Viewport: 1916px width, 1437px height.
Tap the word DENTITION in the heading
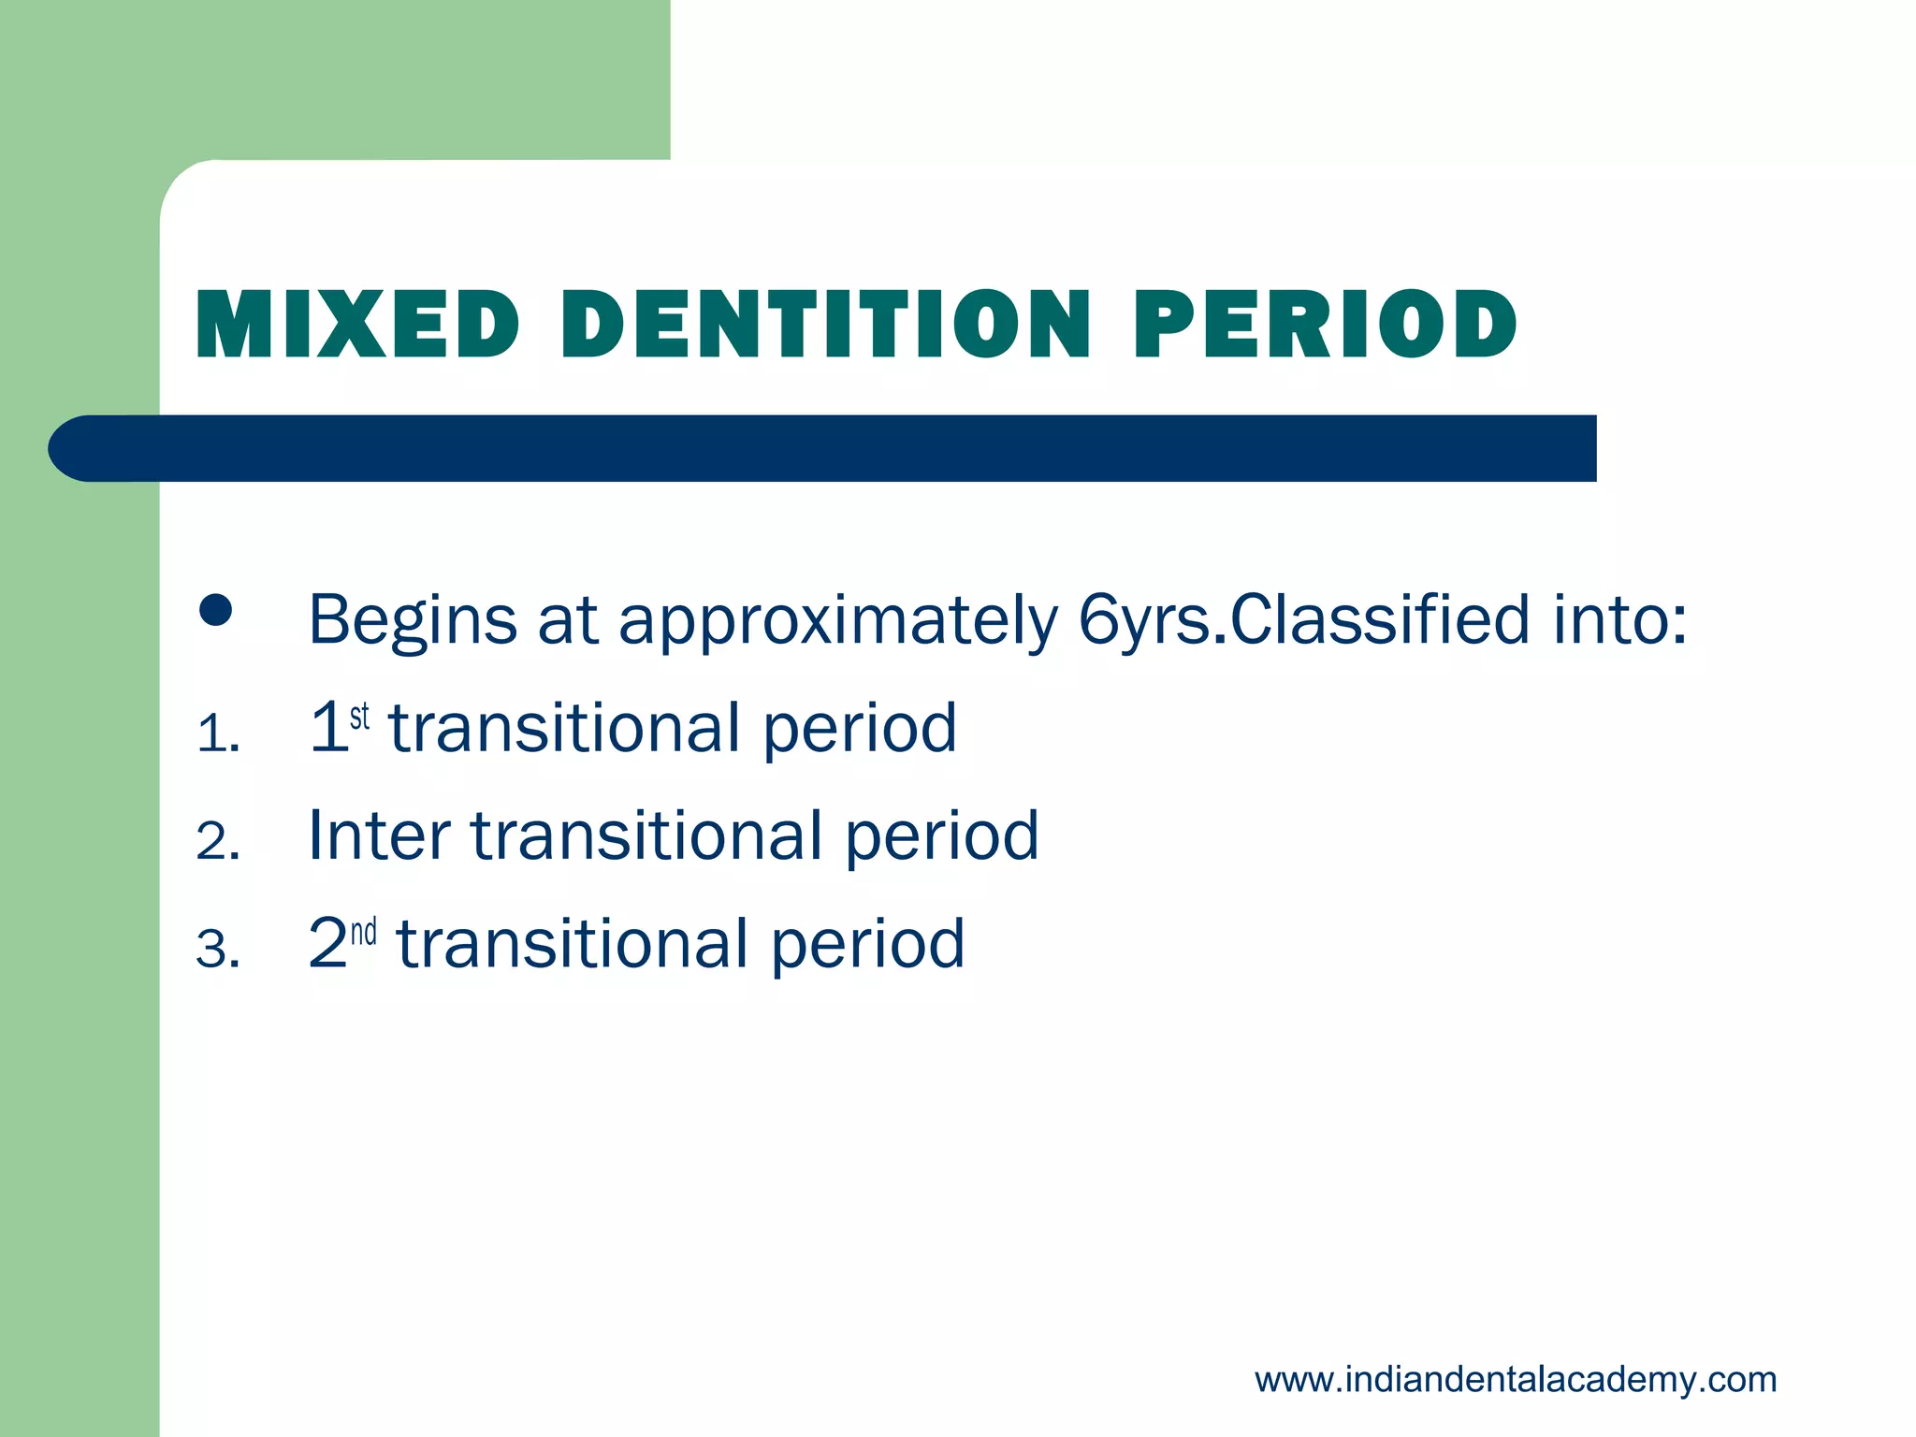point(825,325)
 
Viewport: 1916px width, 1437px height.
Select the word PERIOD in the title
point(1325,325)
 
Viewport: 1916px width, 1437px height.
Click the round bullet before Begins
point(215,611)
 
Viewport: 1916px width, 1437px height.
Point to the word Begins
point(412,620)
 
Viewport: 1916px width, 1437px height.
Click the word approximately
point(838,620)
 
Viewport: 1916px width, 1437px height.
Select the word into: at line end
point(1620,620)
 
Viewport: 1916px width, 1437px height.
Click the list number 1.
point(217,734)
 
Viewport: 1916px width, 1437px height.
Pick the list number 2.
point(217,842)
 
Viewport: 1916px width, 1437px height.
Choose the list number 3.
point(217,951)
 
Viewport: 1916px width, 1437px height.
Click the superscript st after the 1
point(359,717)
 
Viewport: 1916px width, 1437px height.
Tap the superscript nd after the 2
point(363,932)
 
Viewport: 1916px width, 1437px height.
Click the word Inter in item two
point(379,835)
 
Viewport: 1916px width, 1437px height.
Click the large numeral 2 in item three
point(327,943)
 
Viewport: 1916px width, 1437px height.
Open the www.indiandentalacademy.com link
point(1515,1380)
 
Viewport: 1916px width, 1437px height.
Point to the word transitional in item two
point(646,835)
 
